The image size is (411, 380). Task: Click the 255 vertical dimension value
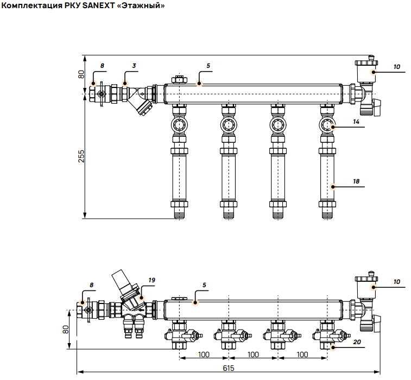pos(81,156)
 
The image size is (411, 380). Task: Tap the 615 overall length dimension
pos(229,368)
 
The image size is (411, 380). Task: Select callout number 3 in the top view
pos(134,66)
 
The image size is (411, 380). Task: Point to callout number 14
pos(356,122)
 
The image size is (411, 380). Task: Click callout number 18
pos(356,181)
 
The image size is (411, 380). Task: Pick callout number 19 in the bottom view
pos(152,280)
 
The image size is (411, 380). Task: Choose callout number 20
pos(357,342)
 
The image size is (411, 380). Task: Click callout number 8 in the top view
pos(102,66)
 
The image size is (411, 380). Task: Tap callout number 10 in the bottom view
pos(397,282)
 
